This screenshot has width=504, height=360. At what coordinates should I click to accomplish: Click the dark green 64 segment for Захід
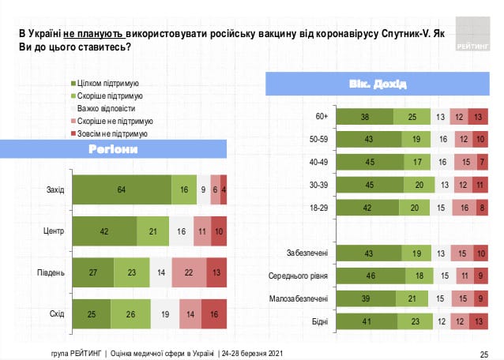click(122, 190)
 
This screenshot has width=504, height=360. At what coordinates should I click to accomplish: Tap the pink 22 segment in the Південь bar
click(189, 272)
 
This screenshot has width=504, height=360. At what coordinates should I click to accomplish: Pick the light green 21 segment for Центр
click(153, 231)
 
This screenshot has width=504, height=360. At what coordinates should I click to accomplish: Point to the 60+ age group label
click(321, 117)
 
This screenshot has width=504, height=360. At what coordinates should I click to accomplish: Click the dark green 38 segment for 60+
click(365, 117)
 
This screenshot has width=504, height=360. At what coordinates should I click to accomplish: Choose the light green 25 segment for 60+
click(412, 117)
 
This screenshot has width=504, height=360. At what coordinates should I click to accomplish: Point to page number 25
click(483, 352)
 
